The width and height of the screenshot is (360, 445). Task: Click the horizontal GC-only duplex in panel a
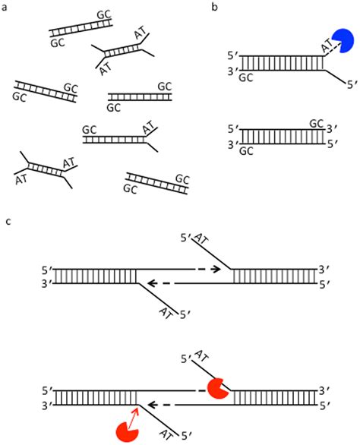click(x=140, y=97)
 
